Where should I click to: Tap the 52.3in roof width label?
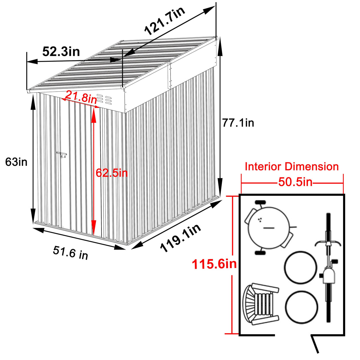click(x=61, y=51)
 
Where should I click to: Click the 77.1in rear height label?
click(x=238, y=122)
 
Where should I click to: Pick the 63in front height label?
click(x=16, y=162)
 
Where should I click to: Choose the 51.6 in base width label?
click(x=71, y=252)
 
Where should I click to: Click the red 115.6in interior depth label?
click(x=214, y=264)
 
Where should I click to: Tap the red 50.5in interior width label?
click(x=295, y=182)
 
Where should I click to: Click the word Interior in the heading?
click(x=262, y=167)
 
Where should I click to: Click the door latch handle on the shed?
click(x=62, y=155)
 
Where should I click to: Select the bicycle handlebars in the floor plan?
click(x=328, y=243)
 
